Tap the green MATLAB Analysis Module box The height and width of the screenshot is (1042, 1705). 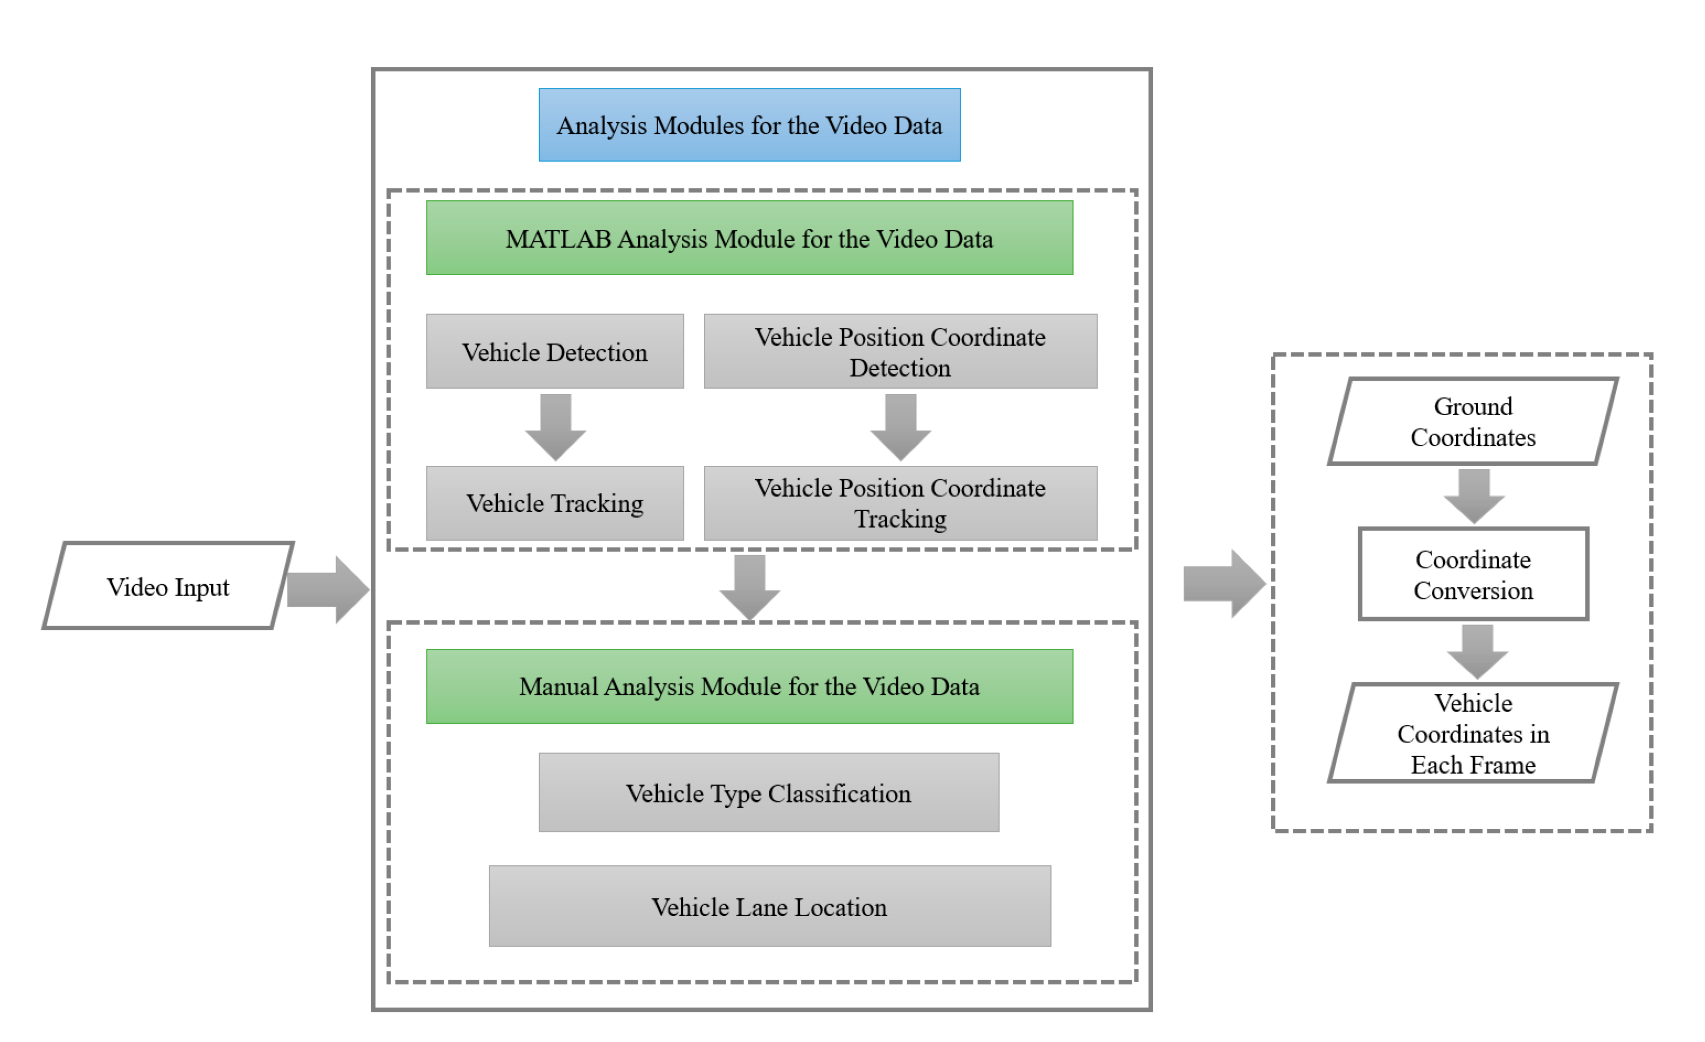[749, 238]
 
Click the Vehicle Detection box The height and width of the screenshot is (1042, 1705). [554, 352]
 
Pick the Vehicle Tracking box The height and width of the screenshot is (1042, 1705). [554, 503]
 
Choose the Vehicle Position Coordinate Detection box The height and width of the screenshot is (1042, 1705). [900, 352]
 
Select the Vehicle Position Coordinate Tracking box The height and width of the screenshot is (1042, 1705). [900, 503]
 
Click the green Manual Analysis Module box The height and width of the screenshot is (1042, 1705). [749, 687]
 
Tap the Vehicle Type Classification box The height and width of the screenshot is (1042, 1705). [768, 792]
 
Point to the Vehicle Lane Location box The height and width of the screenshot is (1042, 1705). [769, 906]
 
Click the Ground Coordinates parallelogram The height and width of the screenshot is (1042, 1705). [1472, 421]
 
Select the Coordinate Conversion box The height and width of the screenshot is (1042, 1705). [1472, 574]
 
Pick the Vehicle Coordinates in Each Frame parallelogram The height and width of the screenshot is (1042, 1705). [1472, 733]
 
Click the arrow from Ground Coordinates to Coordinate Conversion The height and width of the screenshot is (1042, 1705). [1473, 495]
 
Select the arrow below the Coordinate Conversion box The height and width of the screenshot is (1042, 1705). [1477, 651]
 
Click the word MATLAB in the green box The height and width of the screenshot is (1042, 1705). [558, 239]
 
